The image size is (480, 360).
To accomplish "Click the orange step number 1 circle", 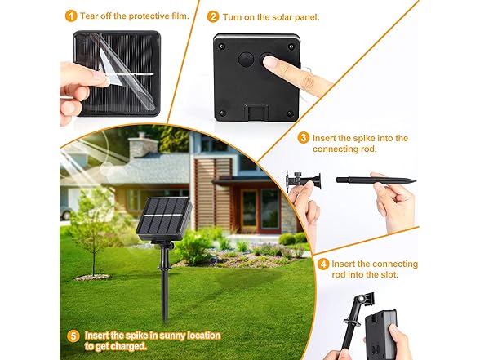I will coord(71,16).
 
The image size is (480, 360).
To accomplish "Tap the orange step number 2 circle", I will coord(213,16).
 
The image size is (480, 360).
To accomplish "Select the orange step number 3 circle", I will coord(304,138).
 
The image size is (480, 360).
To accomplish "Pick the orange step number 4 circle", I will coord(323,264).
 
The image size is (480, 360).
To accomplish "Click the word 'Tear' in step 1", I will coord(91,16).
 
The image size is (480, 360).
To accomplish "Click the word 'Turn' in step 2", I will coord(233,16).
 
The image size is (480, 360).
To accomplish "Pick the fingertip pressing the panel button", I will coord(270,61).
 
